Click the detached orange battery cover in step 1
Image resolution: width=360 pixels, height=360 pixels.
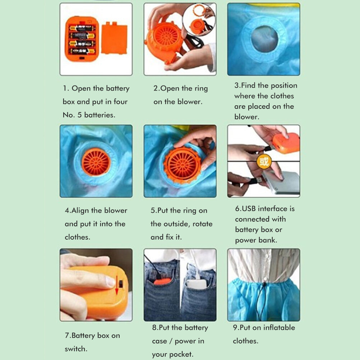[114, 38]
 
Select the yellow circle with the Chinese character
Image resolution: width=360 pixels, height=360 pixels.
[264, 161]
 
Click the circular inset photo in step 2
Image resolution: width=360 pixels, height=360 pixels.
[199, 20]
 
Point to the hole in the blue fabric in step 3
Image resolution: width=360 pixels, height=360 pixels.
[264, 38]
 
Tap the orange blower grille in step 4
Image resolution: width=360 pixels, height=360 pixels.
[96, 162]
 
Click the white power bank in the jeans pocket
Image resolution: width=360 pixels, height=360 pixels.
[197, 284]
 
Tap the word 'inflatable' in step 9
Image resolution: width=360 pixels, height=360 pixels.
[279, 327]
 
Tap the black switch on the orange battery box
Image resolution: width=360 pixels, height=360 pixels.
[121, 284]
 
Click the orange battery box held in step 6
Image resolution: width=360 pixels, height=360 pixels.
[286, 143]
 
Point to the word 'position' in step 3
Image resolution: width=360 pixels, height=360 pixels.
[284, 86]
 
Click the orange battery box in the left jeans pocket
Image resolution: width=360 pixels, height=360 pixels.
[162, 281]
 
